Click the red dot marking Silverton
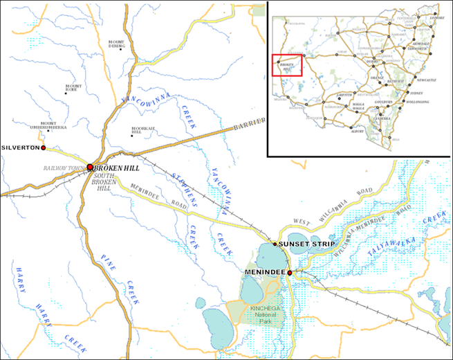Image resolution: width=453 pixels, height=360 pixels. coord(43,147)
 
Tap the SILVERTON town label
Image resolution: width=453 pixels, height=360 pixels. coord(20,148)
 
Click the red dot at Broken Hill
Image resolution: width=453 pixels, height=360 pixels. coord(90,167)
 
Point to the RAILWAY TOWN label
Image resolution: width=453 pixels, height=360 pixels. coord(64,168)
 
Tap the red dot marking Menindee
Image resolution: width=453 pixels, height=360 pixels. coord(290,273)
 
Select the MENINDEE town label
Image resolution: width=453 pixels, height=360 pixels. coord(265,273)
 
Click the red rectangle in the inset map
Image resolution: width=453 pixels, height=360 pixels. coord(287,65)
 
